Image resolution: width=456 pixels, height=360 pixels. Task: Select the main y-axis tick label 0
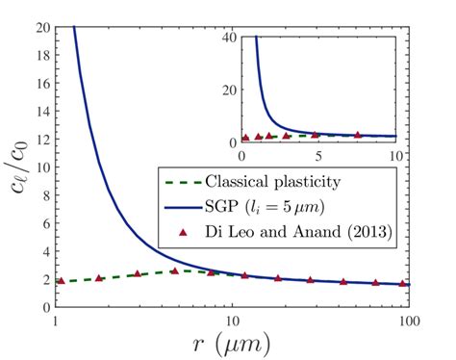pyautogui.click(x=47, y=307)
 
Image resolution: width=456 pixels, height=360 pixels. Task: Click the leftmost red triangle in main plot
pyautogui.click(x=61, y=280)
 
